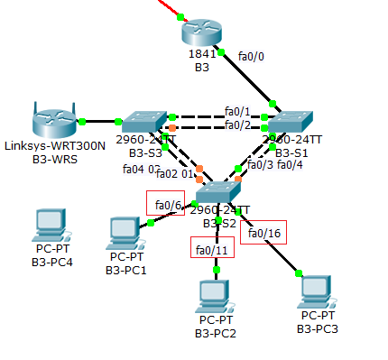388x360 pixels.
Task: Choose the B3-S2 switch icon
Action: (218, 191)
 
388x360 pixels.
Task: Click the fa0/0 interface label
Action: (252, 57)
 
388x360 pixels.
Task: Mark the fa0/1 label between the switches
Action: (237, 111)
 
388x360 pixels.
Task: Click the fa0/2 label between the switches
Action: (237, 125)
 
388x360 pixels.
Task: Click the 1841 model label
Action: (200, 54)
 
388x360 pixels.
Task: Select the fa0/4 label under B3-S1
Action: (291, 165)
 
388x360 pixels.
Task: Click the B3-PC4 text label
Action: (51, 263)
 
